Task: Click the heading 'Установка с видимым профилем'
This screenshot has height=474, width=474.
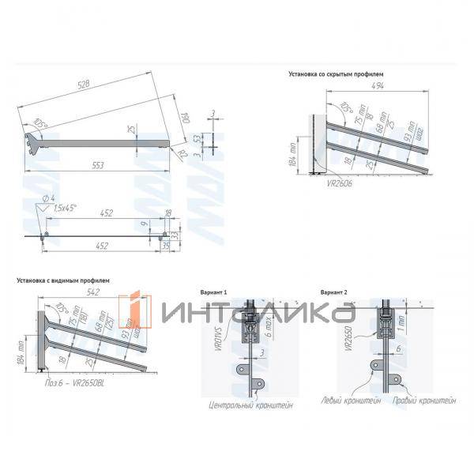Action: point(64,280)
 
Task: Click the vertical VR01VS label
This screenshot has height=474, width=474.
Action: point(237,333)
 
